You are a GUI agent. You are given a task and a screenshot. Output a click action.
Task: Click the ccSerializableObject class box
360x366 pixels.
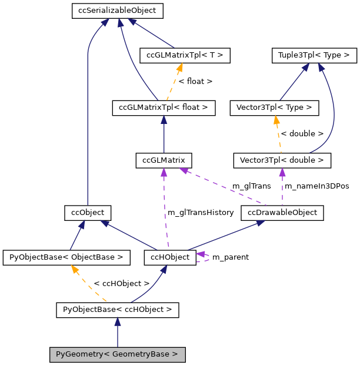click(x=117, y=11)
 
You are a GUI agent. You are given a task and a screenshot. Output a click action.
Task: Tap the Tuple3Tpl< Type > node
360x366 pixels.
click(x=314, y=56)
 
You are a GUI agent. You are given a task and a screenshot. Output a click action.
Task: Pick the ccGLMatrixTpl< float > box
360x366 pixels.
click(x=164, y=108)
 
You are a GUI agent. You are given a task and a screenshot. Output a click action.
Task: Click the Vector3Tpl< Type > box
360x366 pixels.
click(x=277, y=108)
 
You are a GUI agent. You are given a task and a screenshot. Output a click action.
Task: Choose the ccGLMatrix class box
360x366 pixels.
click(x=164, y=160)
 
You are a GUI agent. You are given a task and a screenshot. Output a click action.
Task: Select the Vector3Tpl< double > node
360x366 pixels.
click(x=282, y=160)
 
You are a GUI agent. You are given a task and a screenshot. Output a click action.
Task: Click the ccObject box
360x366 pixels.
click(x=88, y=212)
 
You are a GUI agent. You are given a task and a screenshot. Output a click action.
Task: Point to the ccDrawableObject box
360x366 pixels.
click(x=282, y=212)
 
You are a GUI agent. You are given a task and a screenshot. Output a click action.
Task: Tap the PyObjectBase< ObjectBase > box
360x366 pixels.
click(x=66, y=257)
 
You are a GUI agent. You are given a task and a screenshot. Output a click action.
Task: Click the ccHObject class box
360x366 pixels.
click(x=170, y=257)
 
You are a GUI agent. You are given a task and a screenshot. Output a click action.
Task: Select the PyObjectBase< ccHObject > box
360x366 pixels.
click(x=117, y=309)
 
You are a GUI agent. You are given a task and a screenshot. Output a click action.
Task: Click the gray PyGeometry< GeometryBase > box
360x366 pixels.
click(x=117, y=354)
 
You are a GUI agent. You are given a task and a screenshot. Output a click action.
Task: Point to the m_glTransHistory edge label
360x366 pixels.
click(x=201, y=212)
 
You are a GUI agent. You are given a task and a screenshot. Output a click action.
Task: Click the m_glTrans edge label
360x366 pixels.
click(x=251, y=186)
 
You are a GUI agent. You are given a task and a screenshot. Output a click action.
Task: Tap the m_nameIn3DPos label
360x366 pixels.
click(x=317, y=186)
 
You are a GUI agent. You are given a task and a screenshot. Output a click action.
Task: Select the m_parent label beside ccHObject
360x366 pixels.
click(x=230, y=257)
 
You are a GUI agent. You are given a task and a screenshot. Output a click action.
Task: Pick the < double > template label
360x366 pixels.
click(x=302, y=134)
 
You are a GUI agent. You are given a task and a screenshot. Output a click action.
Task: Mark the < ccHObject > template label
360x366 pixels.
click(x=122, y=283)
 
